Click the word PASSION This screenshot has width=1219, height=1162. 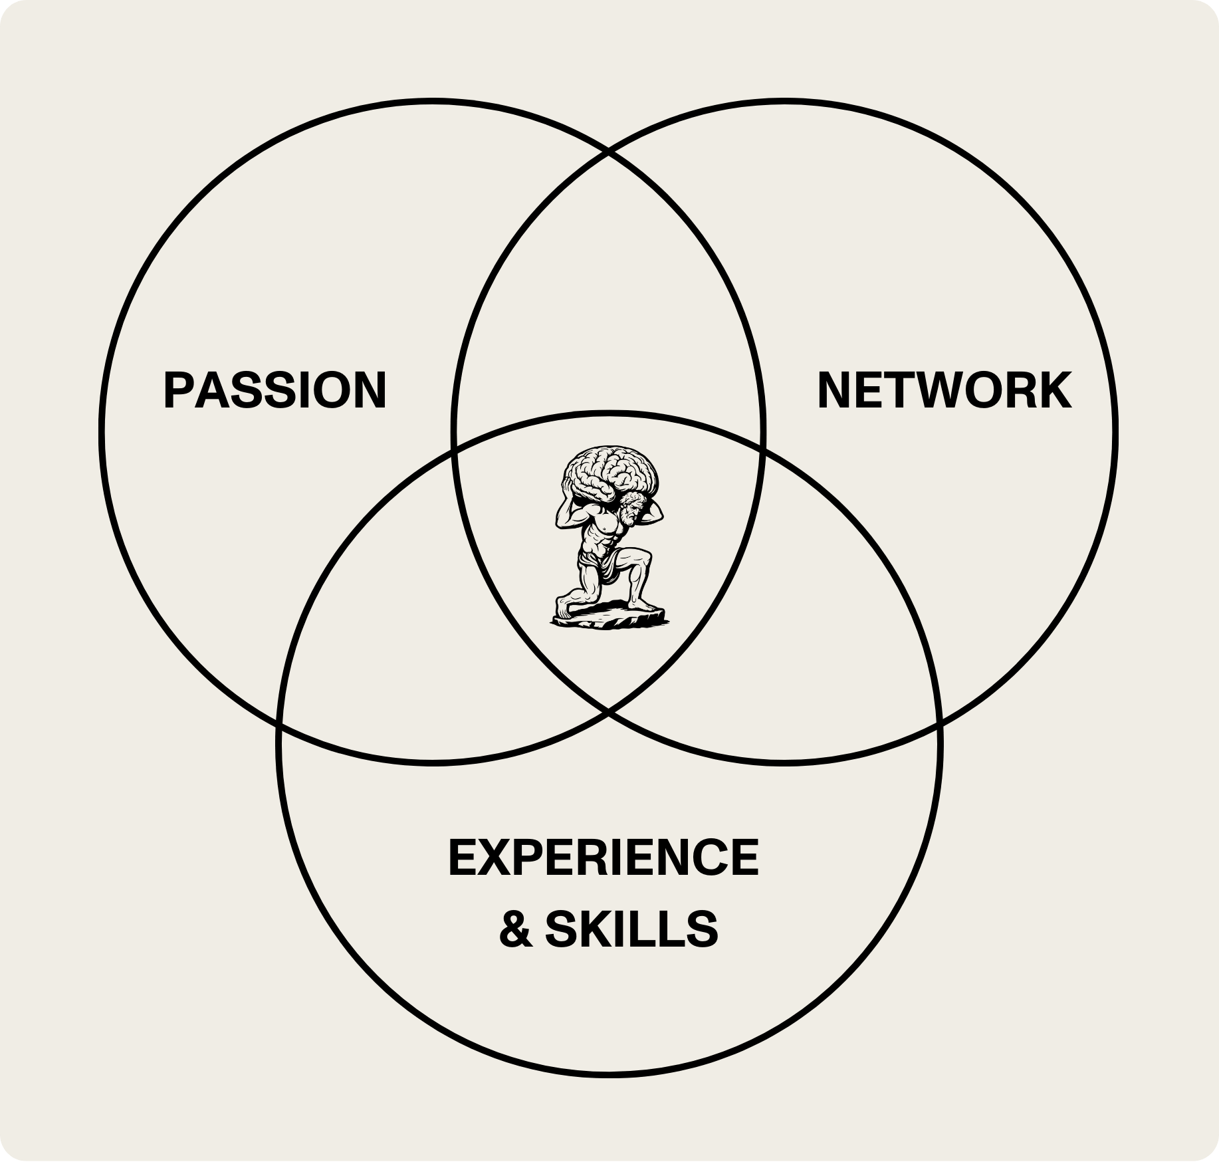coord(275,390)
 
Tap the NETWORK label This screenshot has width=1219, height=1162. coord(944,390)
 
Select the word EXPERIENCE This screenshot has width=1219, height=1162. coord(604,858)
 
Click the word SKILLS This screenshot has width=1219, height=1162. coord(631,929)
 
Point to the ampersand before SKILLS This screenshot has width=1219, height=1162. coord(516,929)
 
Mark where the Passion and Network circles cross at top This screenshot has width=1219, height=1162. coord(609,152)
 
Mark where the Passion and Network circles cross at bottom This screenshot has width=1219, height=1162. coord(609,711)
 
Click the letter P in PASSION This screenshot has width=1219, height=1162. coord(177,390)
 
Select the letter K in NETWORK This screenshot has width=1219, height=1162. coord(1055,390)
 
